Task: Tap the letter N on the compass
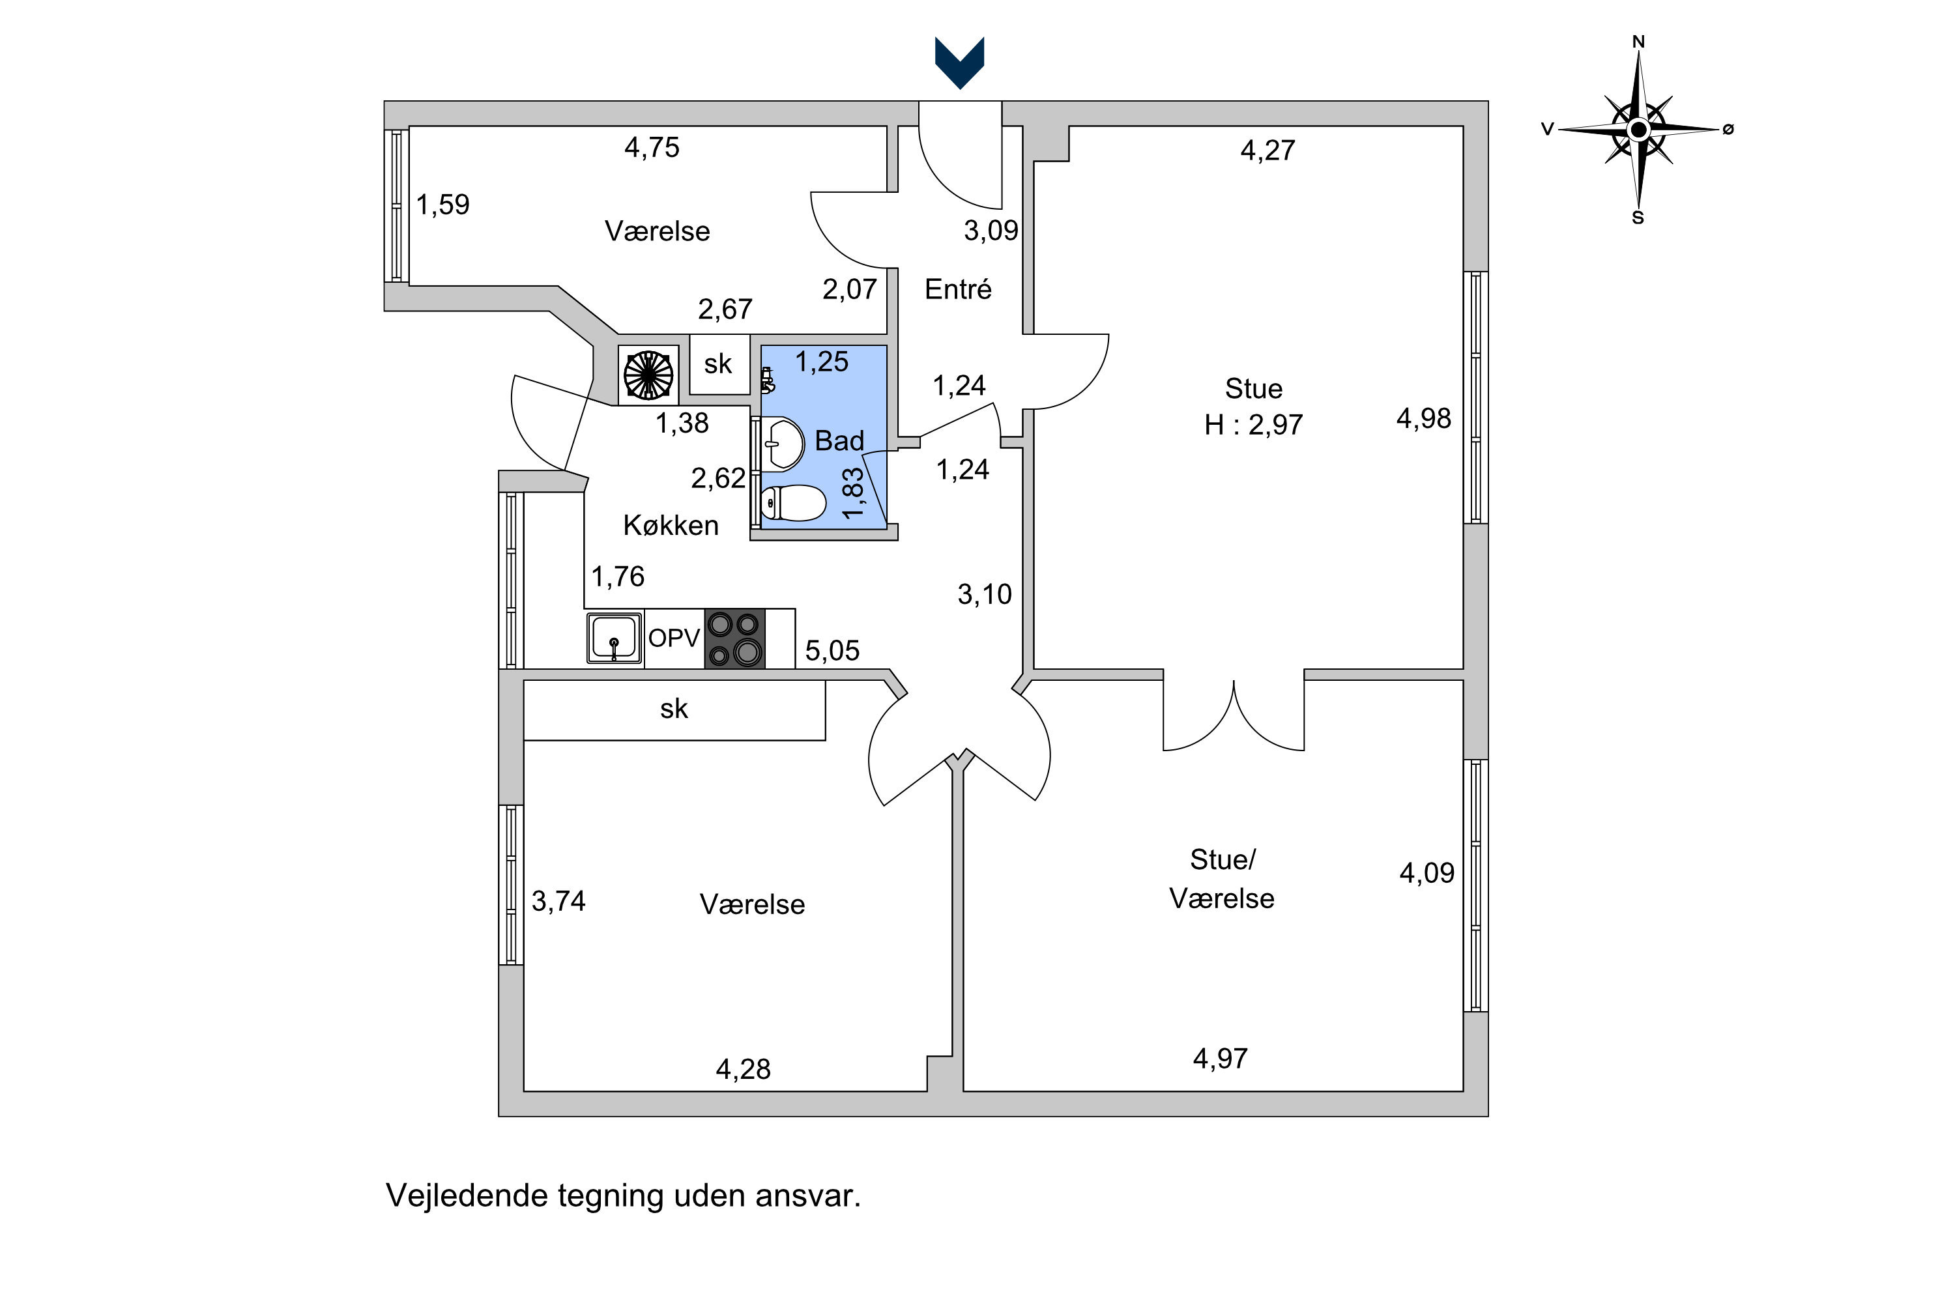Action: tap(1638, 42)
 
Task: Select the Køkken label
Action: tap(671, 525)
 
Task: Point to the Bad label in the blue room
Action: tap(839, 440)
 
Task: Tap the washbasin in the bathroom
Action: tap(783, 443)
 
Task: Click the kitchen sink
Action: tap(615, 638)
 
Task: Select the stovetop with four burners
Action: tap(735, 639)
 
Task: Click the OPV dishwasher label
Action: tap(674, 638)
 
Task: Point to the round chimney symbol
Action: tap(648, 375)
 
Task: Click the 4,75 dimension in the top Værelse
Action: tap(652, 148)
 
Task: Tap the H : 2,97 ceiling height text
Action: tap(1253, 425)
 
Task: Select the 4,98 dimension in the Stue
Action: tap(1423, 419)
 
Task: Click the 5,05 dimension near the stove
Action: tap(832, 651)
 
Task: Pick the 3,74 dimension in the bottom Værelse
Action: tap(558, 901)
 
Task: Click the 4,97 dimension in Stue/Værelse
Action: tap(1220, 1059)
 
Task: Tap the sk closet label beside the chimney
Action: tap(718, 364)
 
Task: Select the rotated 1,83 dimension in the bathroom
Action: tap(853, 494)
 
